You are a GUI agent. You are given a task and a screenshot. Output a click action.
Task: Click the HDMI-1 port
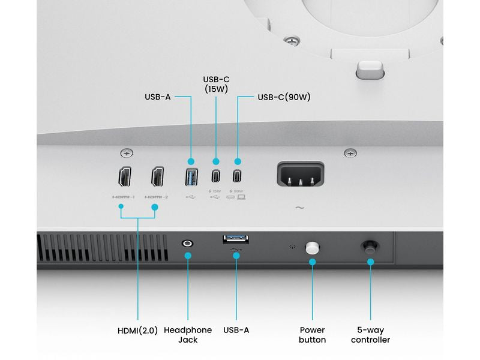tap(124, 177)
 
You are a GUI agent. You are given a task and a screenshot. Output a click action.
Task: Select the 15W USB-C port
tap(215, 177)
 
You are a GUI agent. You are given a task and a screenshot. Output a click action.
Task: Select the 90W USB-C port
tap(238, 177)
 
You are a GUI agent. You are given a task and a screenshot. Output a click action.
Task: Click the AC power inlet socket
tap(300, 176)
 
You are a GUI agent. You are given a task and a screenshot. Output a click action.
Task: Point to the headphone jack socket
tap(188, 244)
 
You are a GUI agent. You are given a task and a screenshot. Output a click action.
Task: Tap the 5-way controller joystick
tap(370, 246)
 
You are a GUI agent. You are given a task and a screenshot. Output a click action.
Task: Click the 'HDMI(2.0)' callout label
tap(137, 330)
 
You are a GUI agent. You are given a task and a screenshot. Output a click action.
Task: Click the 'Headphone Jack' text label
tap(188, 335)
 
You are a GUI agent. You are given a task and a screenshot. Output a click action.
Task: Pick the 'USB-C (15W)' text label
tap(216, 84)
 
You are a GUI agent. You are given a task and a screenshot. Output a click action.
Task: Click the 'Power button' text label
tap(312, 335)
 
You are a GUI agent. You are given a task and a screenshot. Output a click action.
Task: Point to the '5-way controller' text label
tap(370, 335)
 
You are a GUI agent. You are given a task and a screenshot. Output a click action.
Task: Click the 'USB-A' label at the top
tap(158, 97)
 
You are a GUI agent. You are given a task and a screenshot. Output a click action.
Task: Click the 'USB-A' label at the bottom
tap(236, 330)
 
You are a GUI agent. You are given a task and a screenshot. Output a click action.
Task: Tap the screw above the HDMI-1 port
tap(126, 153)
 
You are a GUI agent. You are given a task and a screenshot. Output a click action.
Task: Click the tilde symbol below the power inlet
tap(299, 208)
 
